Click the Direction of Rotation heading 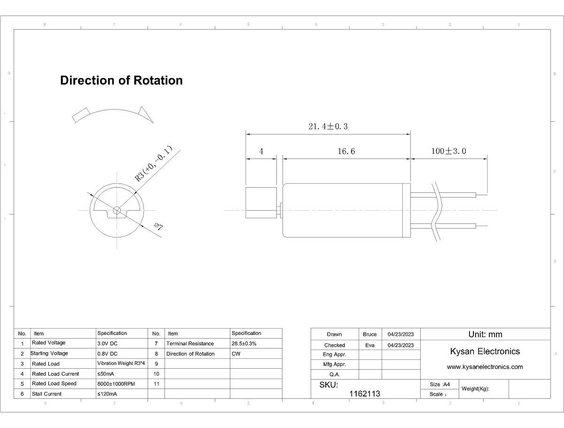(121, 80)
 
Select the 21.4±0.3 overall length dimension (328, 127)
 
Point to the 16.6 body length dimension (346, 151)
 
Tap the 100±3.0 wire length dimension (448, 151)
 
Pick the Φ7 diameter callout (158, 227)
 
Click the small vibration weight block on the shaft (261, 202)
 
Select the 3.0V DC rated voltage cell (108, 343)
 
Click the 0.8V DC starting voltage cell (108, 354)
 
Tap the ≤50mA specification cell (105, 374)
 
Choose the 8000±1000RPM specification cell (116, 384)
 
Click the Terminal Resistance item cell (190, 344)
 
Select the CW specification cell (236, 354)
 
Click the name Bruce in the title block (370, 334)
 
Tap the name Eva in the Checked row (370, 345)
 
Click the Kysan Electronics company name (485, 351)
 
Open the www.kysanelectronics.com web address (485, 367)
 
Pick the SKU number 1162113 (365, 394)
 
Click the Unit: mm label (485, 334)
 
